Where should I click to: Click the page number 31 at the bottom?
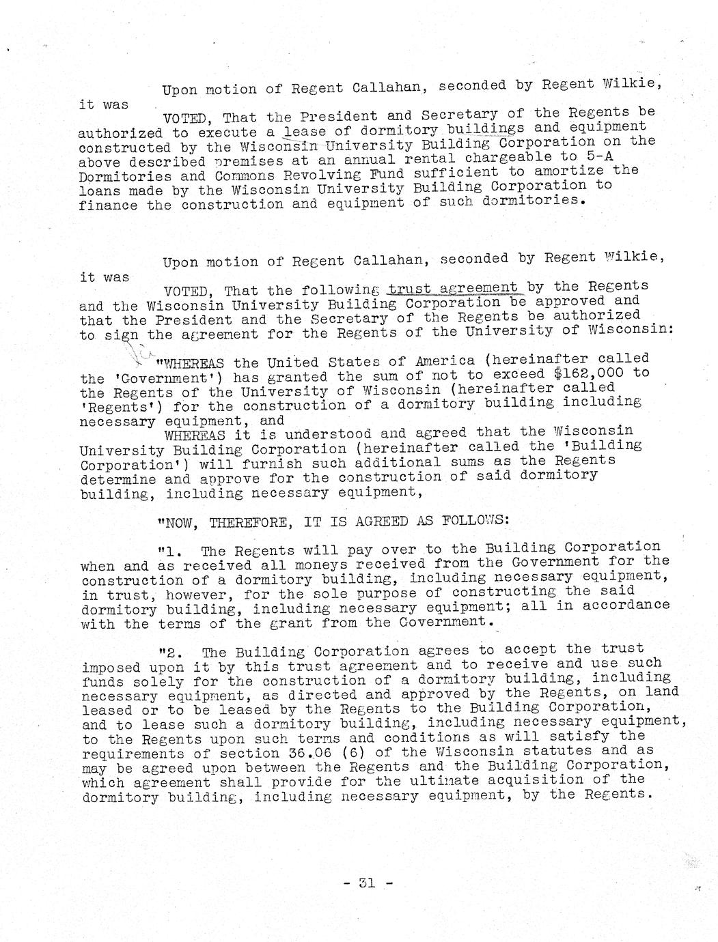click(x=367, y=882)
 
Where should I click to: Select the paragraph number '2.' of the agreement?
click(x=169, y=651)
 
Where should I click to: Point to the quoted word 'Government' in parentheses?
click(x=154, y=379)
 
